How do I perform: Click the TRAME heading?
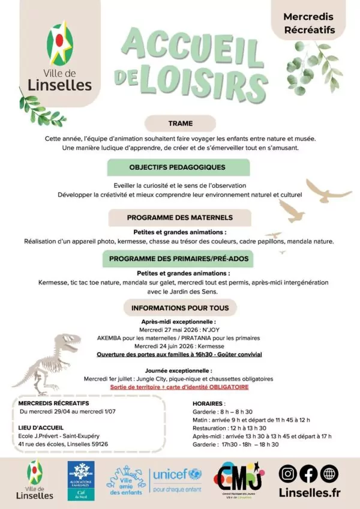pos(180,124)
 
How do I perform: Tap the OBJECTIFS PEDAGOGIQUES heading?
pos(177,167)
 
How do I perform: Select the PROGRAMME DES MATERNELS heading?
pos(179,217)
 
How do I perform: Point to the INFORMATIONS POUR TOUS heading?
pos(179,309)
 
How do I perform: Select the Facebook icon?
pos(308,474)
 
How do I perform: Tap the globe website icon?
pos(329,474)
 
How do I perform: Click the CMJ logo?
pos(238,480)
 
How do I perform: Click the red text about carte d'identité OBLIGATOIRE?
pos(179,387)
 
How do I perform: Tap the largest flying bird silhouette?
pos(328,190)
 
